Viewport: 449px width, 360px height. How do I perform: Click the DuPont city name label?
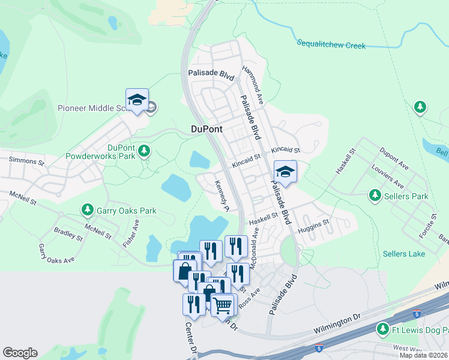point(206,129)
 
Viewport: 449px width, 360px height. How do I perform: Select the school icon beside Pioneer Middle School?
point(137,101)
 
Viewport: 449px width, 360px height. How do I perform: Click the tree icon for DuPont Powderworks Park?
point(144,149)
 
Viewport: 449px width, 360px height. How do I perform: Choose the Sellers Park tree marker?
point(375,196)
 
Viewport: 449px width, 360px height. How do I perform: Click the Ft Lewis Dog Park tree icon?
point(382,328)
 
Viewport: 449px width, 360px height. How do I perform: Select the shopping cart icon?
point(222,305)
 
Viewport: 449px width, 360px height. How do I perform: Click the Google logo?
point(20,353)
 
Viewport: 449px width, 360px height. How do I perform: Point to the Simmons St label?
point(26,161)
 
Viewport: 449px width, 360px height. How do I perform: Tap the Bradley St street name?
point(68,234)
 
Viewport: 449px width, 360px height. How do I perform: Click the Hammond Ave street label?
point(253,84)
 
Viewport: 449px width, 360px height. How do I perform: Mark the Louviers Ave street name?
point(387,176)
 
